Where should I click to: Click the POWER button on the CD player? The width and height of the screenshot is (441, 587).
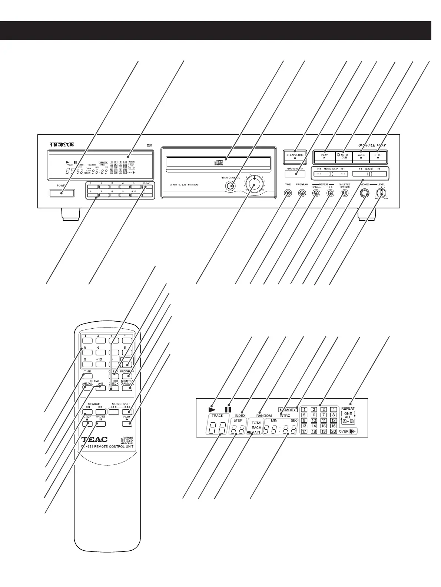[61, 193]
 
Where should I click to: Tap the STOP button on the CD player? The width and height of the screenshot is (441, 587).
[378, 157]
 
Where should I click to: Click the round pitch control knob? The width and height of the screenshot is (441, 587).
[254, 184]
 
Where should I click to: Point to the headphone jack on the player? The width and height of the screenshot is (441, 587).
[365, 194]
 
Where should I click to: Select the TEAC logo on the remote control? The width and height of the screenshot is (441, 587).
[94, 440]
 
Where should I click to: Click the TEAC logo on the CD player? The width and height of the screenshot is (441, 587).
[62, 145]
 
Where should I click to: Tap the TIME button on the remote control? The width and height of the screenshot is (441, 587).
[87, 376]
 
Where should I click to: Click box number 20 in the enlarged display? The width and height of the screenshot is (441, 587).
[333, 431]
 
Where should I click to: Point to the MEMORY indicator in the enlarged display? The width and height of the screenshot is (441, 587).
[288, 410]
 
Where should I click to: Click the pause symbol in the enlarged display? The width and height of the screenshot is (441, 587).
[228, 409]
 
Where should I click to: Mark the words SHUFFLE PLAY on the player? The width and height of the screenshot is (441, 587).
[372, 145]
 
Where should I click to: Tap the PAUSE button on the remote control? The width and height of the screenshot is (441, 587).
[100, 424]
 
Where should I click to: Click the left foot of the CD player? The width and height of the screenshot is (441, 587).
[70, 214]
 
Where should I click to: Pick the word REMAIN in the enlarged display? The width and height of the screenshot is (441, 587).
[254, 432]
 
